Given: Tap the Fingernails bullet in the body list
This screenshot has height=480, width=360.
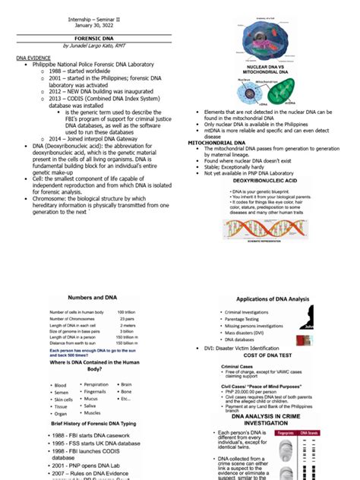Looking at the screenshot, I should (90, 391).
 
